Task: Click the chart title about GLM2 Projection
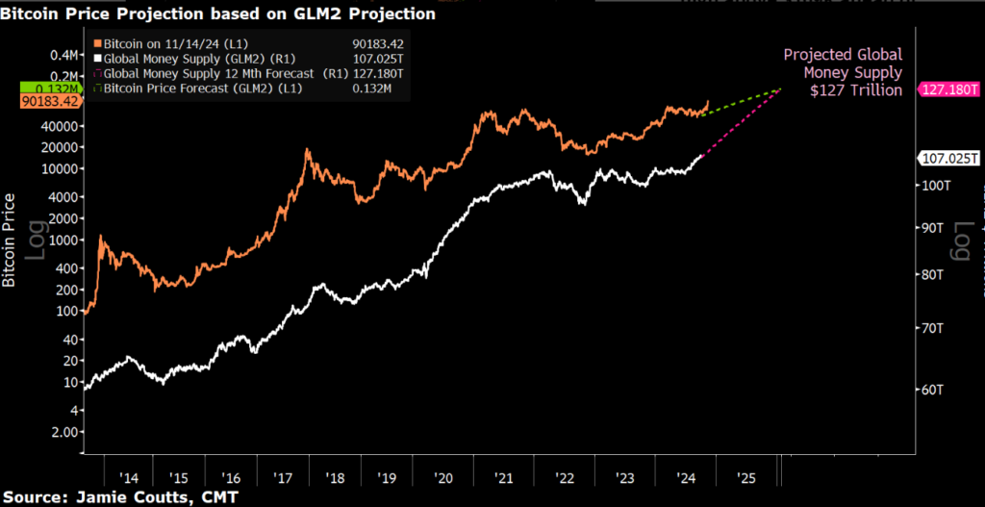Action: [217, 14]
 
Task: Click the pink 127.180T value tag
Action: [948, 89]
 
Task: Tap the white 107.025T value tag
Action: [948, 159]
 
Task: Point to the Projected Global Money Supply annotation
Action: [843, 72]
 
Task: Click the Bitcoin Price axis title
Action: [10, 240]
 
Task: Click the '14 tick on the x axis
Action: [127, 477]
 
